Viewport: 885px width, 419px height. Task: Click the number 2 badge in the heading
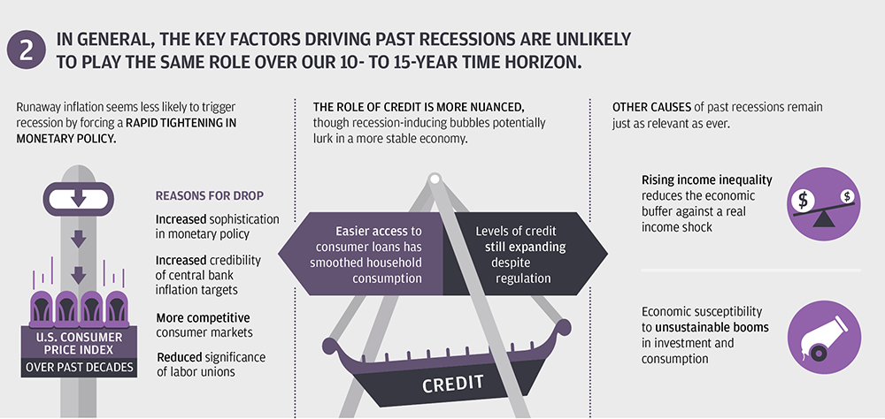[x=26, y=50]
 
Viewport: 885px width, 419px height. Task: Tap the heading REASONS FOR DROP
[x=210, y=196]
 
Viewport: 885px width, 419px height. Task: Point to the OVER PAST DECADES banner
[x=79, y=368]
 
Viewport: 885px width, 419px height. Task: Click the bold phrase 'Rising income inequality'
[x=706, y=180]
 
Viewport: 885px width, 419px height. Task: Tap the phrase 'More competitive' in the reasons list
[x=204, y=317]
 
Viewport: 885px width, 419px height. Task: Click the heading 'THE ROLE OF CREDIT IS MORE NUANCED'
[x=422, y=107]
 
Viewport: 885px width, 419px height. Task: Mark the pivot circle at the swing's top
[x=435, y=180]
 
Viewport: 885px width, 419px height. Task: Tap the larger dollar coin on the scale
[x=802, y=199]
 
